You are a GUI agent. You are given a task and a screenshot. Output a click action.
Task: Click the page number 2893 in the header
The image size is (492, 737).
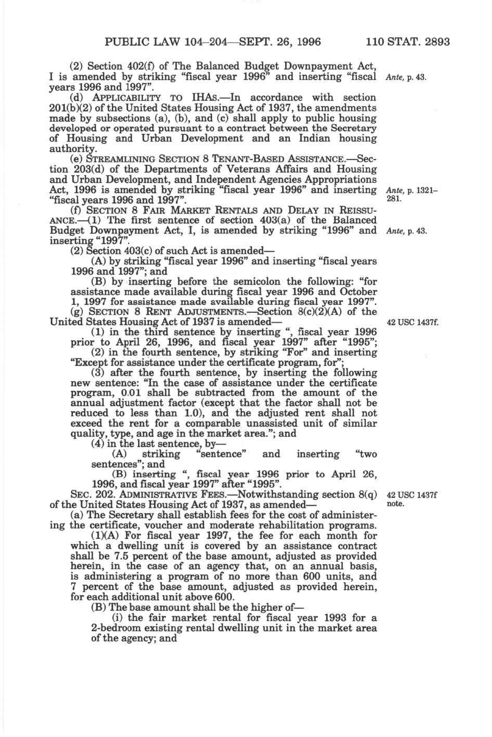point(437,42)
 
